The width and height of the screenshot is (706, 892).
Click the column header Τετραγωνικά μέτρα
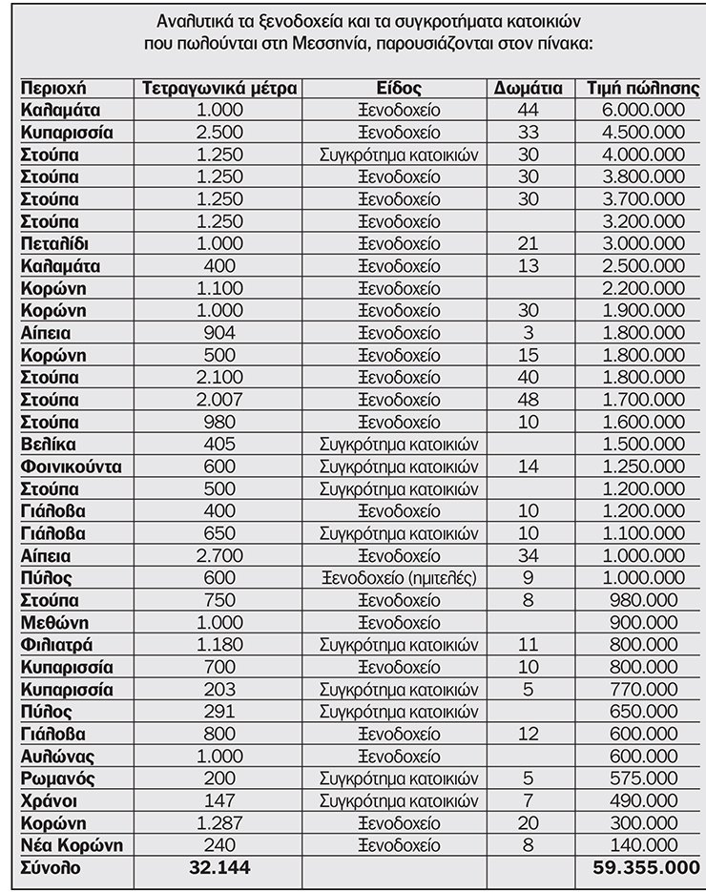pos(219,89)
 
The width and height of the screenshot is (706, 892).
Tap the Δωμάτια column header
pos(528,89)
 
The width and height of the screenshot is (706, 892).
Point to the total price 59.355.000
pos(642,867)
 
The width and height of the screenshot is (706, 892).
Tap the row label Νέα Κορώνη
pos(72,845)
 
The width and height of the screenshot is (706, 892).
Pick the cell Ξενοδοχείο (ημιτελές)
pos(399,578)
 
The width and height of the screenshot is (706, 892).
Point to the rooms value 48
pos(528,400)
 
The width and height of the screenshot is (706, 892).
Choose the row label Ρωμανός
pos(58,778)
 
